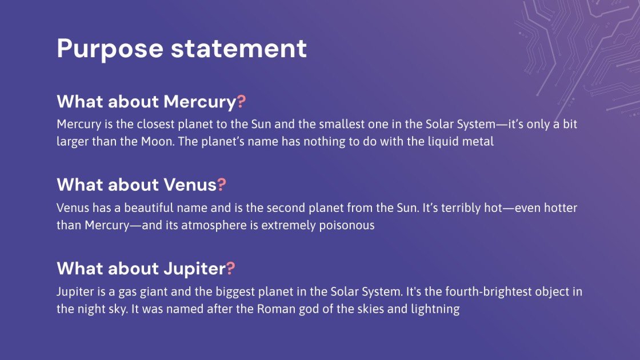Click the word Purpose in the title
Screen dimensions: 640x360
[x=110, y=49]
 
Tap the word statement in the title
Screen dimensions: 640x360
[x=239, y=48]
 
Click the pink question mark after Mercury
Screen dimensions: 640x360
[x=241, y=101]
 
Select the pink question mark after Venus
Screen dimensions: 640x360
[x=221, y=185]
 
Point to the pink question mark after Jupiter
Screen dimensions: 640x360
[x=230, y=268]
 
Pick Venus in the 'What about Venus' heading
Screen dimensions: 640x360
[x=190, y=185]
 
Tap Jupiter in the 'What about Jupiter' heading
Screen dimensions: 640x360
[x=195, y=269]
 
